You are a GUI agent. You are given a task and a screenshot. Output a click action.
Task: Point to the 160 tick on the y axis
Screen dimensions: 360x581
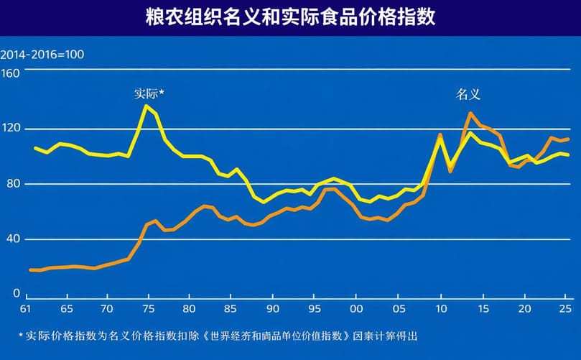click(11, 72)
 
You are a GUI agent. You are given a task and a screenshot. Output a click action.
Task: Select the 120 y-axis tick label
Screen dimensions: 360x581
click(11, 129)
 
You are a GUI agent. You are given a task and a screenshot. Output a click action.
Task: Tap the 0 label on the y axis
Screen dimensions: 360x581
click(16, 294)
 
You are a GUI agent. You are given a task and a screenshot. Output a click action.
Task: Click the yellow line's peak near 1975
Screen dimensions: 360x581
click(147, 106)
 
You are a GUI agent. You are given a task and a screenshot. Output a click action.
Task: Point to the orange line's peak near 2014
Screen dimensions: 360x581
click(470, 113)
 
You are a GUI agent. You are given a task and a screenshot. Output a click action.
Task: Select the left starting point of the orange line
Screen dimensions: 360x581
click(30, 269)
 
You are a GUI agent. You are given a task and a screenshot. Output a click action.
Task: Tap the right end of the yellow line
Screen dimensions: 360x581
click(568, 154)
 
